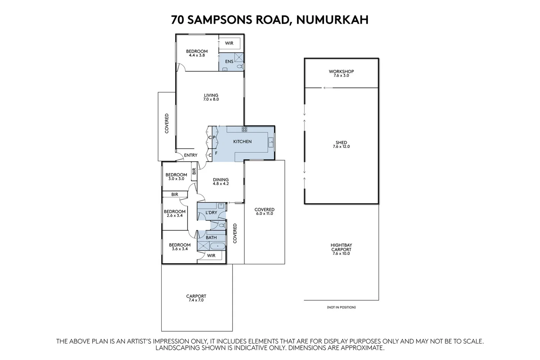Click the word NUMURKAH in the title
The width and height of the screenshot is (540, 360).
[x=332, y=19]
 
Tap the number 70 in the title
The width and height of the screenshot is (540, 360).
[x=179, y=19]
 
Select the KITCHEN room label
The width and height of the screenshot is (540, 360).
[x=242, y=141]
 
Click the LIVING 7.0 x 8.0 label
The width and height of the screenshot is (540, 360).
[x=211, y=97]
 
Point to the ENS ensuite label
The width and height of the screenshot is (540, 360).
[x=229, y=62]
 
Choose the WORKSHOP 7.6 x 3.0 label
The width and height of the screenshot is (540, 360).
[x=341, y=73]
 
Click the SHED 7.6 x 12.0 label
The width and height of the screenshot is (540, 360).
[x=341, y=144]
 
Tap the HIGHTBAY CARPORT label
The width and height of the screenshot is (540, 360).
[x=341, y=249]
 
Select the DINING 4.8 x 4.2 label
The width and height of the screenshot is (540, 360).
[x=221, y=181]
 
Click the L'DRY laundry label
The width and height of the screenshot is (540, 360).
[x=211, y=212]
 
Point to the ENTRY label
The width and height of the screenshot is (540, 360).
[x=190, y=155]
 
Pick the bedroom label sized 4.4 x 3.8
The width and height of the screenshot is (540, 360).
[x=197, y=53]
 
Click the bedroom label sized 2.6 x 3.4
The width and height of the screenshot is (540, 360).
[x=175, y=213]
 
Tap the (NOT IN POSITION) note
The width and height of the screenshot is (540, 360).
[x=341, y=307]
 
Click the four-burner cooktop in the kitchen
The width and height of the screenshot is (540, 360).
[x=244, y=129]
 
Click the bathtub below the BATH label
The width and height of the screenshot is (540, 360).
[x=217, y=247]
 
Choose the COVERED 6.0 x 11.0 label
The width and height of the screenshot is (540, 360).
[x=264, y=211]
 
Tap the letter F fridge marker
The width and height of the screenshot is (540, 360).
[x=216, y=153]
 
